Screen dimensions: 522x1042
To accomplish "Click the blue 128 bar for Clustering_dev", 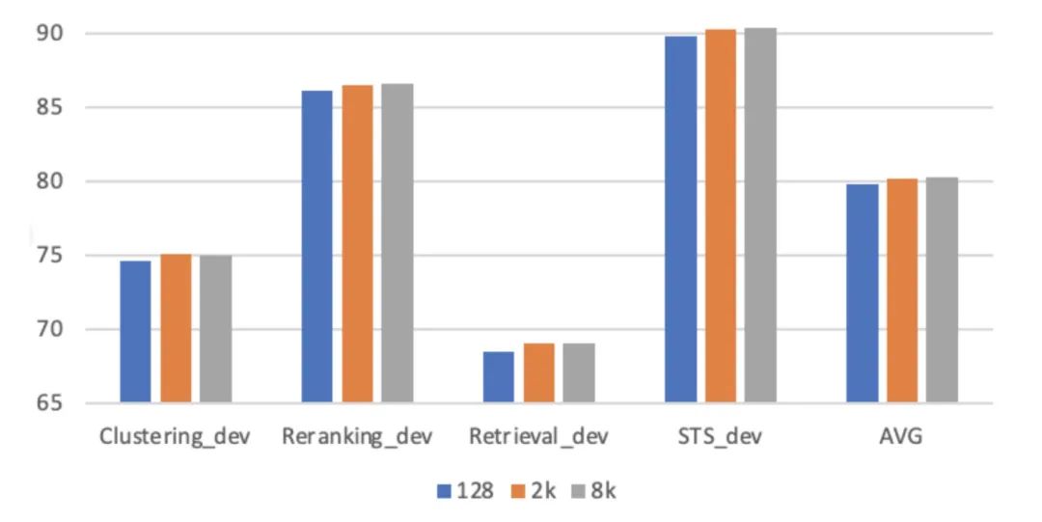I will pyautogui.click(x=135, y=331).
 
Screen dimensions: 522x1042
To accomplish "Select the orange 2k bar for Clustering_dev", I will pyautogui.click(x=176, y=328).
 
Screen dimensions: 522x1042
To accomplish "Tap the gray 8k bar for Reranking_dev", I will pyautogui.click(x=397, y=243).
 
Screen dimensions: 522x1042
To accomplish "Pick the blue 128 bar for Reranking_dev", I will pyautogui.click(x=316, y=246).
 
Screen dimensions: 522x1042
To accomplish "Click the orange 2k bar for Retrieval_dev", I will pyautogui.click(x=539, y=373).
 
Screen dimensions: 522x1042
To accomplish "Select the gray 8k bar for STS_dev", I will pyautogui.click(x=760, y=215).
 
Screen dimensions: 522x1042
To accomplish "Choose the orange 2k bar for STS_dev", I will pyautogui.click(x=721, y=216).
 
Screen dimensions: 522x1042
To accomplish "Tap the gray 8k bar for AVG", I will pyautogui.click(x=942, y=290).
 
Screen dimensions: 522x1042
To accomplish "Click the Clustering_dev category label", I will pyautogui.click(x=175, y=436).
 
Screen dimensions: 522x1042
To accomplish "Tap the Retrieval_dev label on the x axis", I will pyautogui.click(x=538, y=436).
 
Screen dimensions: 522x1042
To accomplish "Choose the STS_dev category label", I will pyautogui.click(x=720, y=436).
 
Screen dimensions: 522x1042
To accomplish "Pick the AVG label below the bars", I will pyautogui.click(x=901, y=436).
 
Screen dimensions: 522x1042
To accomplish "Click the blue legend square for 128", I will pyautogui.click(x=445, y=490).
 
